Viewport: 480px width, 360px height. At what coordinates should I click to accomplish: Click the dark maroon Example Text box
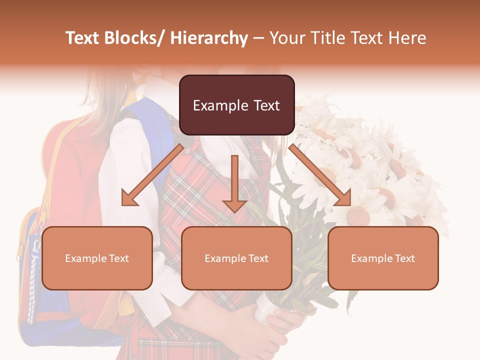pyautogui.click(x=236, y=105)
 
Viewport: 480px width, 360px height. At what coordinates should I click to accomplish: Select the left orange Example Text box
pyautogui.click(x=97, y=258)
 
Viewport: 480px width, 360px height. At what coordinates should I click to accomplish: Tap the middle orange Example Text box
pyautogui.click(x=236, y=258)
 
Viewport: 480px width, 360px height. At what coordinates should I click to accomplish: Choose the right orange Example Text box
pyautogui.click(x=383, y=258)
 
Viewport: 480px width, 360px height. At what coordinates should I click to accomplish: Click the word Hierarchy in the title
pyautogui.click(x=209, y=38)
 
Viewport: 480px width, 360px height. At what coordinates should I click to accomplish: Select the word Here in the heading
pyautogui.click(x=408, y=38)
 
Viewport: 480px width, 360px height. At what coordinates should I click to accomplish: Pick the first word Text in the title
pyautogui.click(x=83, y=38)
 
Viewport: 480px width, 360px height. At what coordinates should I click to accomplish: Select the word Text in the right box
pyautogui.click(x=404, y=258)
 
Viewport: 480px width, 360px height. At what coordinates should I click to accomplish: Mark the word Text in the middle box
pyautogui.click(x=257, y=258)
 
